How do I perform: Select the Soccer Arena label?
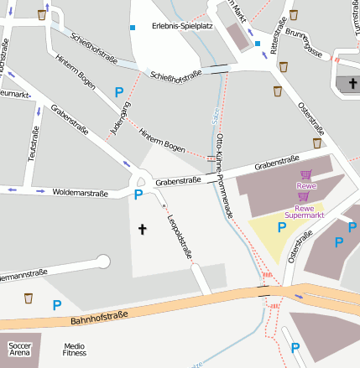tap(19, 349)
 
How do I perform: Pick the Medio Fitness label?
tap(75, 349)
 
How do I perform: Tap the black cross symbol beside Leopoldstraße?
tap(142, 228)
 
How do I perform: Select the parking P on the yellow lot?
tap(282, 226)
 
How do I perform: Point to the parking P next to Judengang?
tap(119, 91)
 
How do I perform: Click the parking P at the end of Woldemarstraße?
tap(138, 194)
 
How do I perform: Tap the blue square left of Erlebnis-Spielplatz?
tap(132, 29)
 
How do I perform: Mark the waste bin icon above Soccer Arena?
tap(28, 298)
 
